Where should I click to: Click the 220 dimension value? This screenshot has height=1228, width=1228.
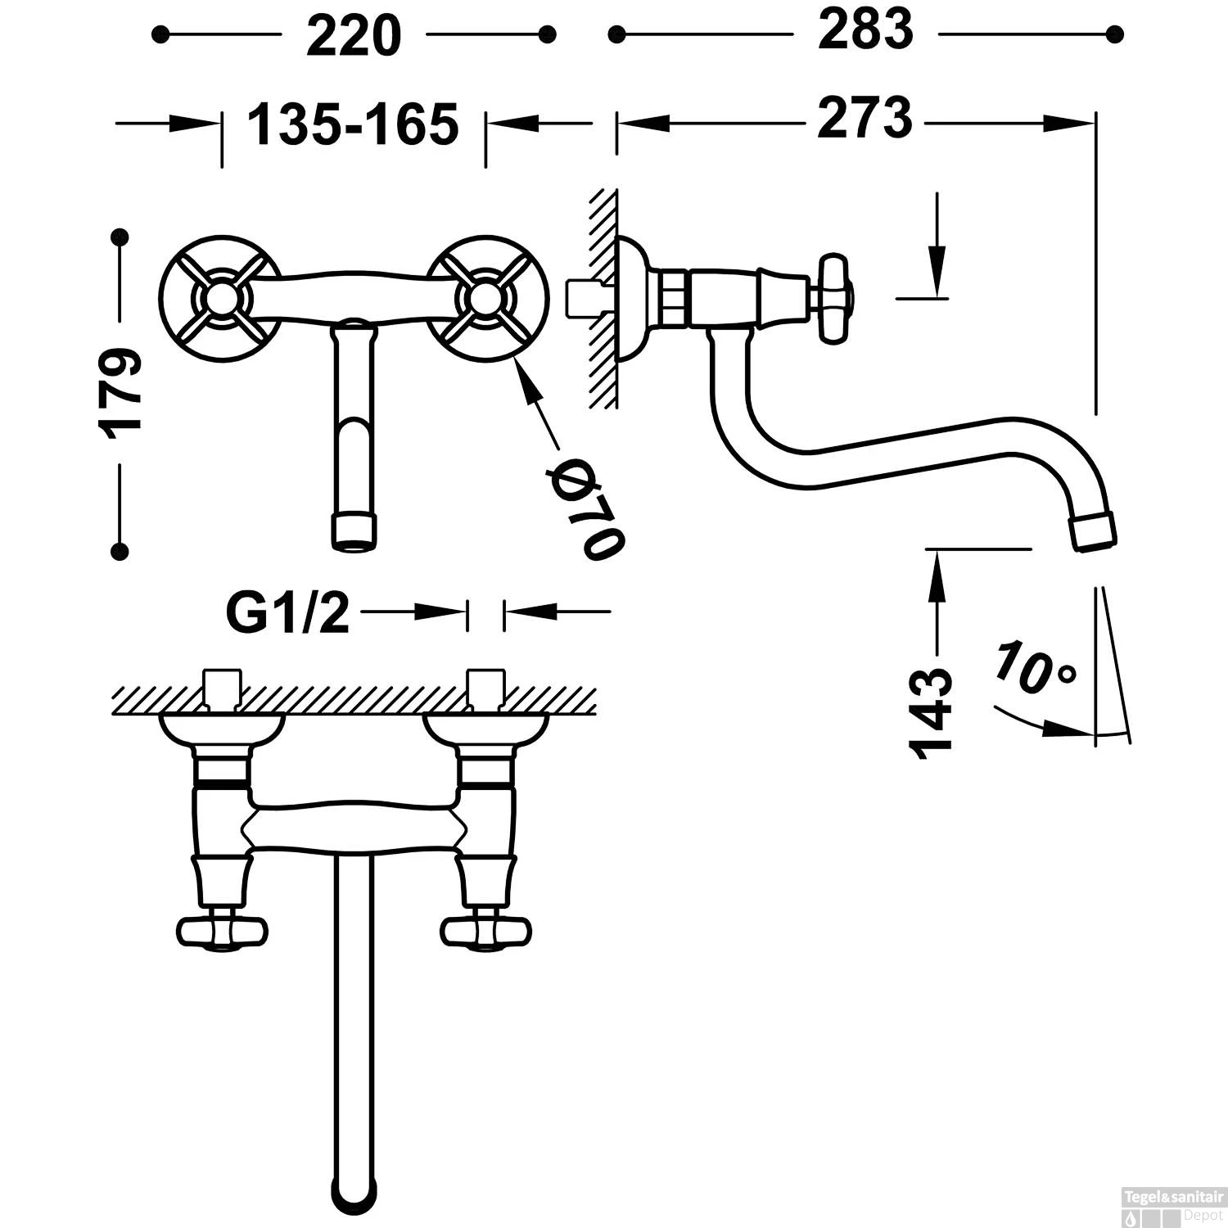(x=354, y=36)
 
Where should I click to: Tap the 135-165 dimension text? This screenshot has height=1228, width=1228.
(x=353, y=124)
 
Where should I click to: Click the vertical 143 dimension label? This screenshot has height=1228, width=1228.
(x=932, y=710)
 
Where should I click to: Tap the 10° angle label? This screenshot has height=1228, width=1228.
(x=1034, y=667)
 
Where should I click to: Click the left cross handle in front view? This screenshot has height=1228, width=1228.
(x=219, y=299)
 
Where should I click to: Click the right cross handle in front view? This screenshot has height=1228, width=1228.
(x=484, y=299)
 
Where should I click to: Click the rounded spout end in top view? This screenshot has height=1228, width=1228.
(x=354, y=1187)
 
